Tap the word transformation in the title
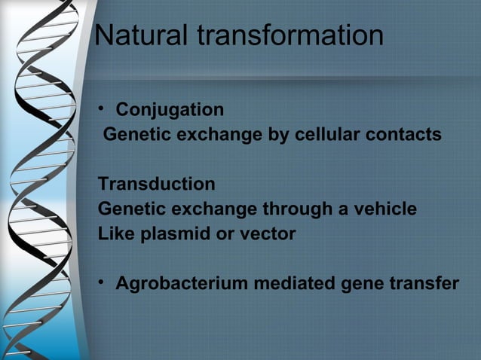tap(294, 35)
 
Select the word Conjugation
tap(170, 110)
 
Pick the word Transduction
tap(157, 185)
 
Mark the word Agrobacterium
tap(182, 284)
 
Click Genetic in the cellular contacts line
tap(133, 136)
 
